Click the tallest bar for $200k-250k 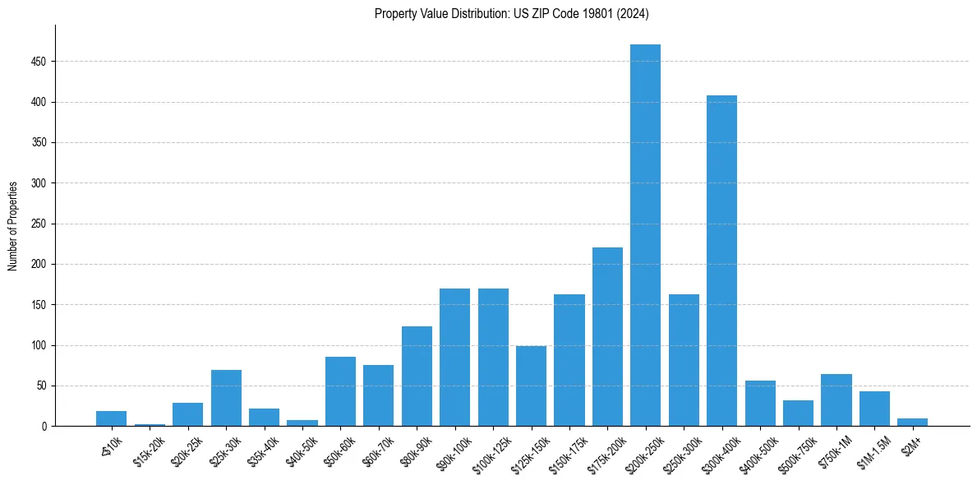tap(645, 235)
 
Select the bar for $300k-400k tap(721, 261)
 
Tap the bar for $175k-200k tap(607, 337)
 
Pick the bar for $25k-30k tap(226, 399)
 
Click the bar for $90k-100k tap(454, 358)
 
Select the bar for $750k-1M tap(836, 400)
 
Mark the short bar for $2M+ tap(912, 423)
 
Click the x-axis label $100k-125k tap(490, 453)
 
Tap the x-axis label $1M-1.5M tap(873, 451)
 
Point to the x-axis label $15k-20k tap(148, 451)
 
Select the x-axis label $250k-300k tap(681, 453)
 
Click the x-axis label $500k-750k tap(795, 453)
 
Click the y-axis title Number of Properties tap(12, 226)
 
